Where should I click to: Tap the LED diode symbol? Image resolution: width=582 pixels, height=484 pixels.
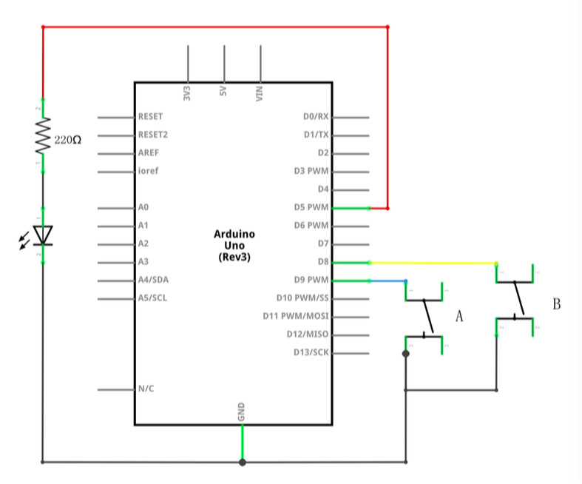click(x=43, y=235)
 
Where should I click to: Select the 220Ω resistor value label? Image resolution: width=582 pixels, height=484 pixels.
click(x=68, y=138)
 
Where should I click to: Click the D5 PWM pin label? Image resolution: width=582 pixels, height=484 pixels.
click(x=311, y=207)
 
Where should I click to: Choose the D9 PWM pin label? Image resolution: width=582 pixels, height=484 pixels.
click(x=311, y=280)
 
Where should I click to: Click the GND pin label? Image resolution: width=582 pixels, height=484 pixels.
click(x=242, y=413)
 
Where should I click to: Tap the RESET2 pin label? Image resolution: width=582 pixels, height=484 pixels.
click(x=152, y=135)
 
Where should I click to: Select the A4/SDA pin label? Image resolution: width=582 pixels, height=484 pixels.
click(x=153, y=280)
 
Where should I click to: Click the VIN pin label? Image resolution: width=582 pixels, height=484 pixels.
click(x=260, y=94)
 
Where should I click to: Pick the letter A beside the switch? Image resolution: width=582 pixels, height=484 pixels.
click(x=459, y=316)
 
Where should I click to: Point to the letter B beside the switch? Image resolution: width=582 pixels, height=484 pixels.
click(x=557, y=303)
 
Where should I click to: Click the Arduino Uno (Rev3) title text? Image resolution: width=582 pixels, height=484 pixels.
click(x=233, y=244)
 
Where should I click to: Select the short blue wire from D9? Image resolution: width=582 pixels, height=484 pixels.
click(x=388, y=280)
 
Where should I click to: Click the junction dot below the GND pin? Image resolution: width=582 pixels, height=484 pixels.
click(x=242, y=463)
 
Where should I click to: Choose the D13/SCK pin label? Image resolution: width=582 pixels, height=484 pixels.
click(x=311, y=352)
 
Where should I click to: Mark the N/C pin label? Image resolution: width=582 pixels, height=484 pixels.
click(x=146, y=388)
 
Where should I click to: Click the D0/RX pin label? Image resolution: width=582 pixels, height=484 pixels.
click(x=316, y=116)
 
